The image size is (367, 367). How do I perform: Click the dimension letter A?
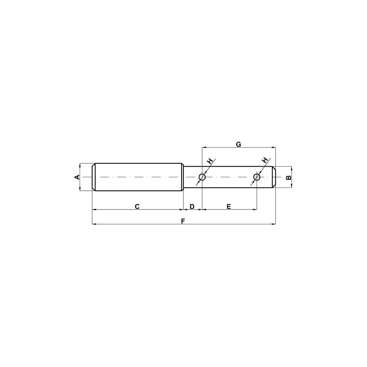[x=77, y=177]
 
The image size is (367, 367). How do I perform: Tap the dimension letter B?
[x=289, y=177]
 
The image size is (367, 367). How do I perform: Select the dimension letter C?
[x=137, y=207]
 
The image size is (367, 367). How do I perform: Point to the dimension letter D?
[x=192, y=207]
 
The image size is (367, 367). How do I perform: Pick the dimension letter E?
[x=229, y=207]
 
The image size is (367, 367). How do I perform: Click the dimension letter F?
[x=183, y=221]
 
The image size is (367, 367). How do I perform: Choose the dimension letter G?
[x=238, y=144]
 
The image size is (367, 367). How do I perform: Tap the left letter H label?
[x=210, y=161]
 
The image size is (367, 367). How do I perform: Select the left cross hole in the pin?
[x=202, y=177]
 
